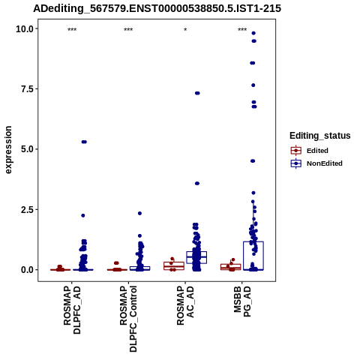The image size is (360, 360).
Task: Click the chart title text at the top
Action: pos(157,8)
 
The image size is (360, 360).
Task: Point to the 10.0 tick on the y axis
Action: pos(25,29)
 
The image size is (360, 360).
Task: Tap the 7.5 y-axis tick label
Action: pos(28,89)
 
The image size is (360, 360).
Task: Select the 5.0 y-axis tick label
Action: pos(28,149)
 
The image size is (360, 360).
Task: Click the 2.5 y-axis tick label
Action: pos(28,209)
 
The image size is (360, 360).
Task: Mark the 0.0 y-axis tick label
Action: pos(28,270)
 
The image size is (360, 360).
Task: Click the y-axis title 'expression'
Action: pos(8,150)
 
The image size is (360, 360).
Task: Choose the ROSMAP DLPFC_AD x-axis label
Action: pos(72,310)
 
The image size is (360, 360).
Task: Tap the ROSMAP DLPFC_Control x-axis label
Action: pos(128,319)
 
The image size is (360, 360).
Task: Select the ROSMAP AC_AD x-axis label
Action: pos(185,305)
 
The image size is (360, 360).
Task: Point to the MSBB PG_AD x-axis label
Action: pos(242,301)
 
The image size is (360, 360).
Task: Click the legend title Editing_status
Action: pos(320,136)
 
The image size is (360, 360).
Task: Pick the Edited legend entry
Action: pos(317,151)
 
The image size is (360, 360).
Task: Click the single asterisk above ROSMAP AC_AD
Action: pos(185,30)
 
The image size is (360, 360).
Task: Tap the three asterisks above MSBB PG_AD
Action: pos(242,30)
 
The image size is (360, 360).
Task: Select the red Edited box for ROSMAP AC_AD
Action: pos(174,262)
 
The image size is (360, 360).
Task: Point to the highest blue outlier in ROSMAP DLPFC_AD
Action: pos(84,142)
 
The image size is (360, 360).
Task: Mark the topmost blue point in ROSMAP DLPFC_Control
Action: pos(139,213)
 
